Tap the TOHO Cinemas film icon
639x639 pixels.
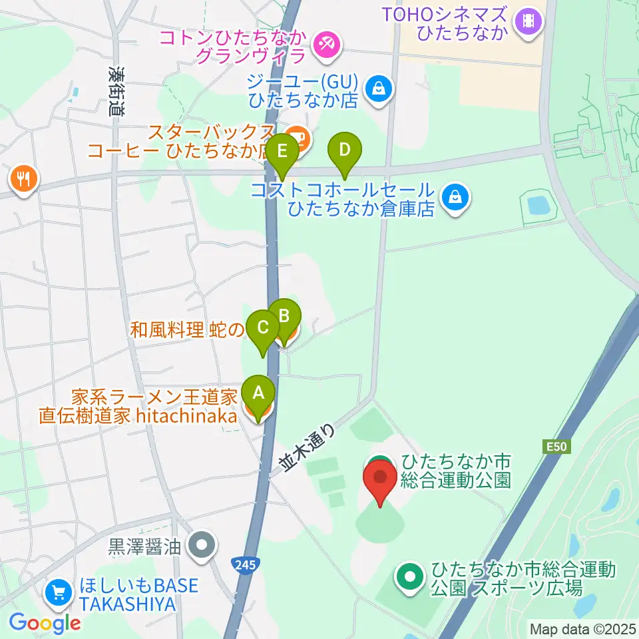click(529, 21)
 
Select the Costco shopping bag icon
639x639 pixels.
click(455, 197)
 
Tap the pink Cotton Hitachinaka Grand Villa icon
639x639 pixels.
click(327, 45)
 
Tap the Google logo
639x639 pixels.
click(45, 623)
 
